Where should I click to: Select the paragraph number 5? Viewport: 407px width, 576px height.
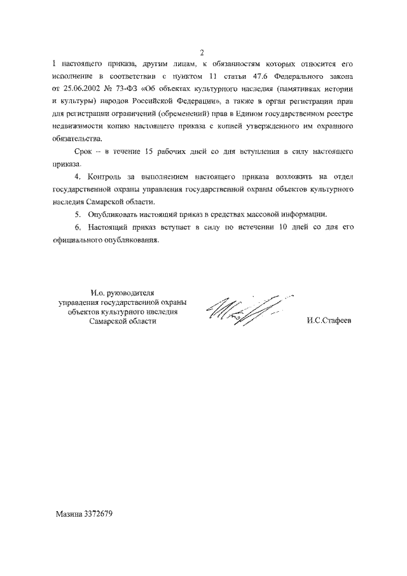tap(77, 214)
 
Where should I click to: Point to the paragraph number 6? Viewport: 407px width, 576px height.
tap(77, 227)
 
